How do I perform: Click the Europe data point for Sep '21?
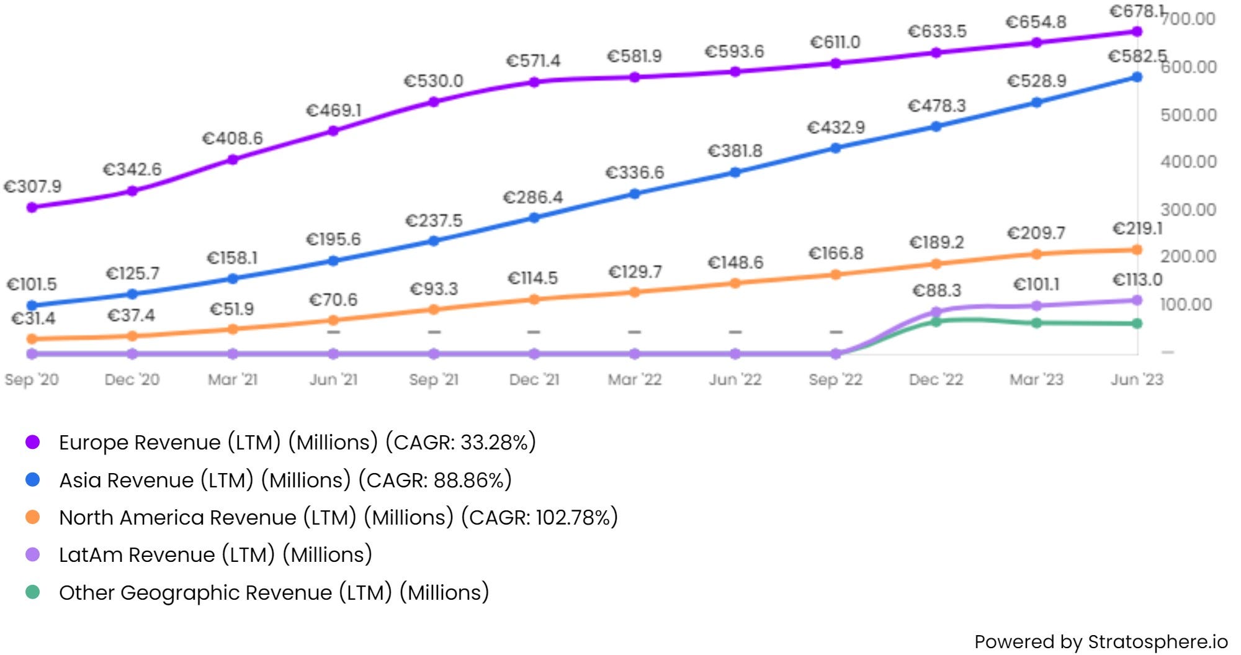coord(434,102)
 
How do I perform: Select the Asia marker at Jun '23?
coord(1137,77)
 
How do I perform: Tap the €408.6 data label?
coord(233,138)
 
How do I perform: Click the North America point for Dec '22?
coord(936,264)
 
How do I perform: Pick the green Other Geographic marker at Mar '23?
coord(1036,323)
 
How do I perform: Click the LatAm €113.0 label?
coord(1137,280)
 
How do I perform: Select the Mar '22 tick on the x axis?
coord(634,379)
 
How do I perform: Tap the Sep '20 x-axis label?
coord(32,379)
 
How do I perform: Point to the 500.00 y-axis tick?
coord(1188,115)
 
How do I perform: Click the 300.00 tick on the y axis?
coord(1188,210)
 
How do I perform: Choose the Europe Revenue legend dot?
coord(33,442)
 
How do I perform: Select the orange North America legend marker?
coord(33,517)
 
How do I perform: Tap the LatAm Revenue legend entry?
coord(215,554)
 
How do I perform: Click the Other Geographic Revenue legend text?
coord(274,592)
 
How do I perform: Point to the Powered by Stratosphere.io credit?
coord(1101,641)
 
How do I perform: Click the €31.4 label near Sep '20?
coord(34,318)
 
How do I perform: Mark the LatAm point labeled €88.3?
coord(936,312)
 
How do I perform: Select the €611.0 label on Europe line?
coord(835,42)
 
